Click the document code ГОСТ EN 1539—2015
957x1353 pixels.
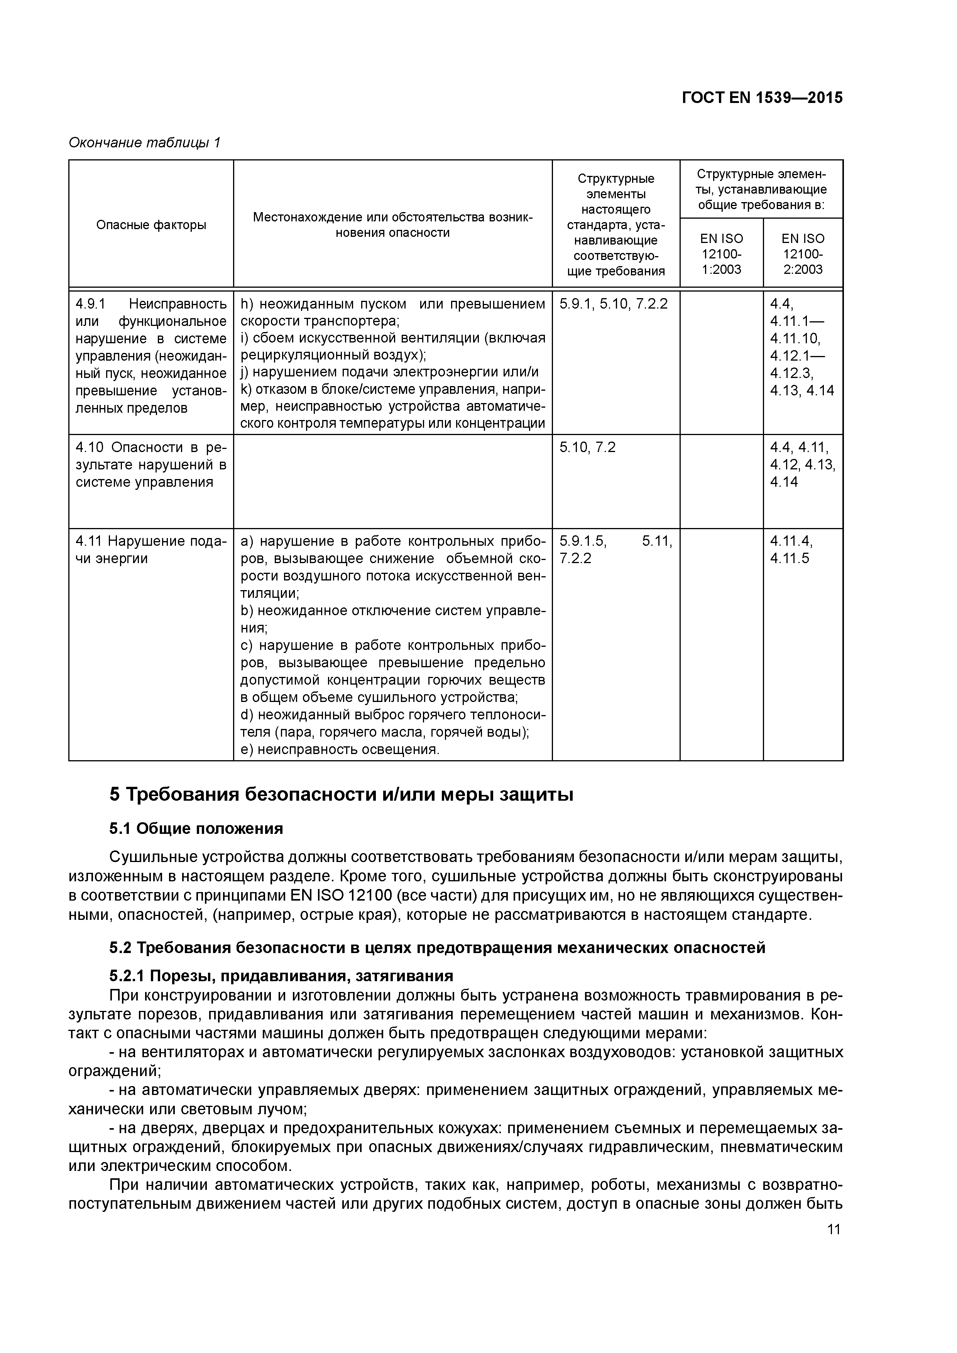click(762, 98)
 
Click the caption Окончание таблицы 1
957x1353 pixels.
click(144, 143)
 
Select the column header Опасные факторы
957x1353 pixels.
click(151, 224)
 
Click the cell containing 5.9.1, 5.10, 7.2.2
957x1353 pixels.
click(613, 304)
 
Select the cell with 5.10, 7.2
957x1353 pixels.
click(587, 447)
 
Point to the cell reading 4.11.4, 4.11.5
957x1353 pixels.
click(791, 549)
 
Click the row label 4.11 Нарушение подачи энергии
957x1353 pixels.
click(151, 549)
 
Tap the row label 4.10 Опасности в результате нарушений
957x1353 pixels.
click(151, 464)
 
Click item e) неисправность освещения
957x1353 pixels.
click(340, 749)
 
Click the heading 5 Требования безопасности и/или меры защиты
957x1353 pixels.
click(341, 795)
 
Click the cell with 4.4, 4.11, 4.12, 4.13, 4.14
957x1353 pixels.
click(803, 464)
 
